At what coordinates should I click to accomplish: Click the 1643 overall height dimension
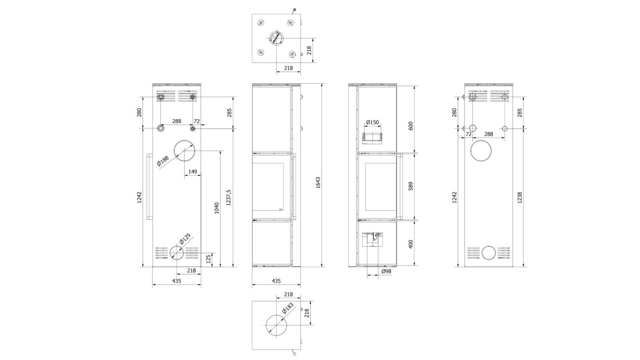[x=318, y=183]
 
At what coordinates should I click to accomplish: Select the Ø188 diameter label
[x=163, y=161]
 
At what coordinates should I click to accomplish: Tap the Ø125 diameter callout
[x=185, y=239]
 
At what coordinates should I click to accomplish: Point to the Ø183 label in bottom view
[x=288, y=308]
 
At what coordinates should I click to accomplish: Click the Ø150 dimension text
[x=372, y=122]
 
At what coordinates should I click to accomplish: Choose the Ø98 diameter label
[x=386, y=271]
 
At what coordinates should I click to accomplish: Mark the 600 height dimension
[x=411, y=126]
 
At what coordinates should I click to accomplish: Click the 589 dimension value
[x=411, y=186]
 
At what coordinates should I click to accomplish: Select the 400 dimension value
[x=411, y=244]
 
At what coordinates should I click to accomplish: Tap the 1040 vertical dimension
[x=217, y=208]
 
